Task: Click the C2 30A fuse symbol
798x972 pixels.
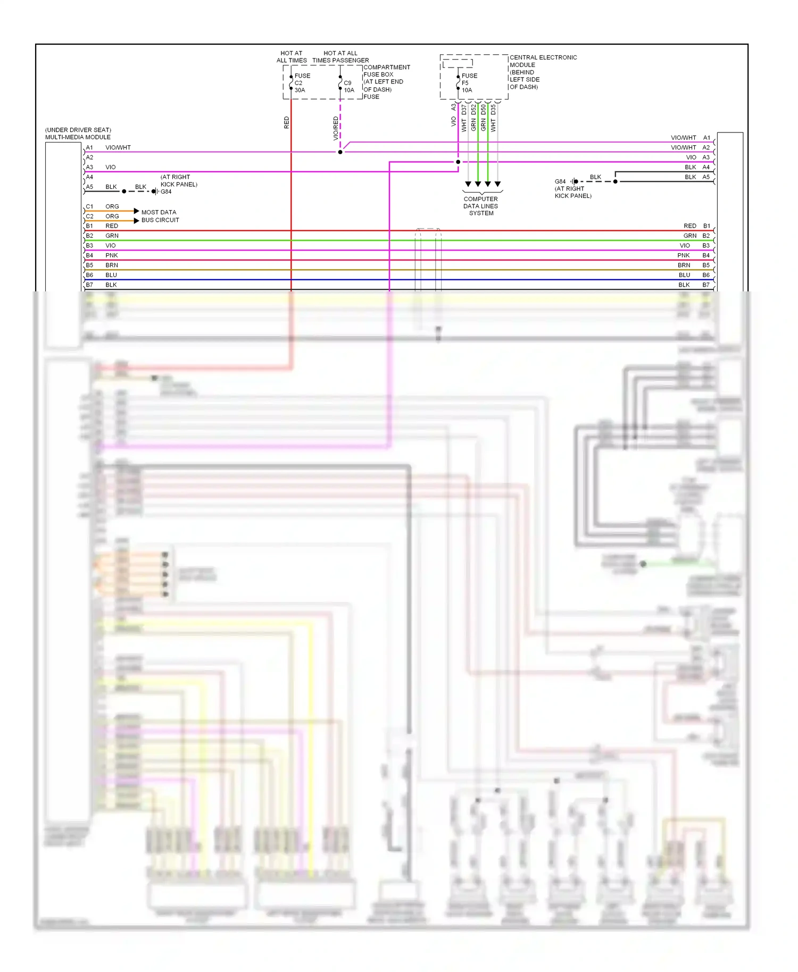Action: pyautogui.click(x=291, y=83)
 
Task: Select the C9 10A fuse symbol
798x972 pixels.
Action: pyautogui.click(x=340, y=83)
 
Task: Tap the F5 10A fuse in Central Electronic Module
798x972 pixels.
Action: pyautogui.click(x=458, y=83)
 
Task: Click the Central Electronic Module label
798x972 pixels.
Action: pyautogui.click(x=543, y=72)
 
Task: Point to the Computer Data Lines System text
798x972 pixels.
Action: pyautogui.click(x=481, y=206)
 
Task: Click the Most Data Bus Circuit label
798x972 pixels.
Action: pyautogui.click(x=160, y=216)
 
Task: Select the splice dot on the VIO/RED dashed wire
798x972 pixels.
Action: pyautogui.click(x=340, y=152)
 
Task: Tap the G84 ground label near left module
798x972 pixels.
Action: pyautogui.click(x=166, y=192)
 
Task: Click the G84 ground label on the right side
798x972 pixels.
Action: pyautogui.click(x=560, y=182)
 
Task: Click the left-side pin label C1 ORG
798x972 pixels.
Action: pyautogui.click(x=102, y=206)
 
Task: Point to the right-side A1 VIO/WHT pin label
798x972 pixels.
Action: pyautogui.click(x=690, y=138)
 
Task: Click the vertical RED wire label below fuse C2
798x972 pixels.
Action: pyautogui.click(x=287, y=123)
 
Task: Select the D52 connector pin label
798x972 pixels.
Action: pyautogui.click(x=473, y=110)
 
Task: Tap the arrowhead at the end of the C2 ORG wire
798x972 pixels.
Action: pyautogui.click(x=137, y=221)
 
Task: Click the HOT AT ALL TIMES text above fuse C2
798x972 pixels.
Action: pyautogui.click(x=292, y=57)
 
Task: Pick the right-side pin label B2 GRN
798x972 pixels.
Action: pyautogui.click(x=696, y=236)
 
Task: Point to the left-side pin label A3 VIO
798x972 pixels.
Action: pyautogui.click(x=101, y=167)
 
